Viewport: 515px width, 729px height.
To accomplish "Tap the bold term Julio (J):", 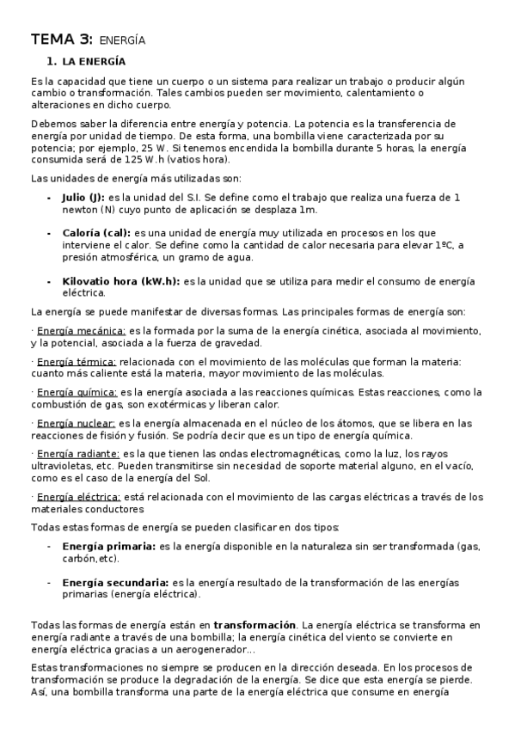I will [84, 197].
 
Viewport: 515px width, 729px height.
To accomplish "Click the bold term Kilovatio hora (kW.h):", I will [121, 280].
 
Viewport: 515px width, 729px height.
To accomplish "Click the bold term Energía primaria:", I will [108, 546].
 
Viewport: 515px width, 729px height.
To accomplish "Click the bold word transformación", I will [254, 625].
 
